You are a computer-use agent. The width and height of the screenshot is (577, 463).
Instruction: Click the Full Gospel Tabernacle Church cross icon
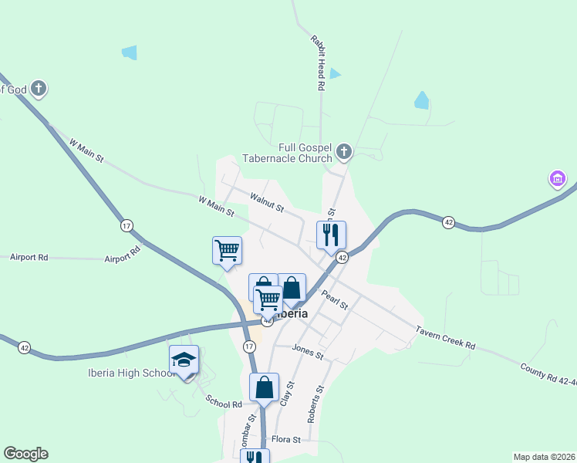click(x=344, y=152)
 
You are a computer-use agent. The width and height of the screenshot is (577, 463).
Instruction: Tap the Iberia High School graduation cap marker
click(x=184, y=360)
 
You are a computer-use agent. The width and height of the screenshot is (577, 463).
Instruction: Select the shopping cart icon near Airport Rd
click(x=227, y=250)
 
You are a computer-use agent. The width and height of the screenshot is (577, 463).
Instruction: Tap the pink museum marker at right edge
click(x=557, y=181)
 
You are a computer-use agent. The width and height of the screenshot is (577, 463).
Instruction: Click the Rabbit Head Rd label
click(x=317, y=63)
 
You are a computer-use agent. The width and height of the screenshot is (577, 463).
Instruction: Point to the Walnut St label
click(x=267, y=203)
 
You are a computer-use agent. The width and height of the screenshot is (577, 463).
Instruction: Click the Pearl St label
click(x=336, y=299)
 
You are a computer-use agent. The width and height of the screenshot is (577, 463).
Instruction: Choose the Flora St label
click(x=285, y=438)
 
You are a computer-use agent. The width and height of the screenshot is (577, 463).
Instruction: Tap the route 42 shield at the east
click(x=448, y=222)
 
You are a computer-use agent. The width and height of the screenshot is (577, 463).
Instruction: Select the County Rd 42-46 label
click(x=548, y=377)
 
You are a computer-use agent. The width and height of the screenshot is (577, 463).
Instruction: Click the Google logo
click(x=25, y=454)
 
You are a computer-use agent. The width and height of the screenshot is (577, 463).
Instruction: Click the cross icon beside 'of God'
click(x=39, y=89)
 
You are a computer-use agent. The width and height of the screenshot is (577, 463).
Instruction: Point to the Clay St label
click(x=287, y=394)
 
